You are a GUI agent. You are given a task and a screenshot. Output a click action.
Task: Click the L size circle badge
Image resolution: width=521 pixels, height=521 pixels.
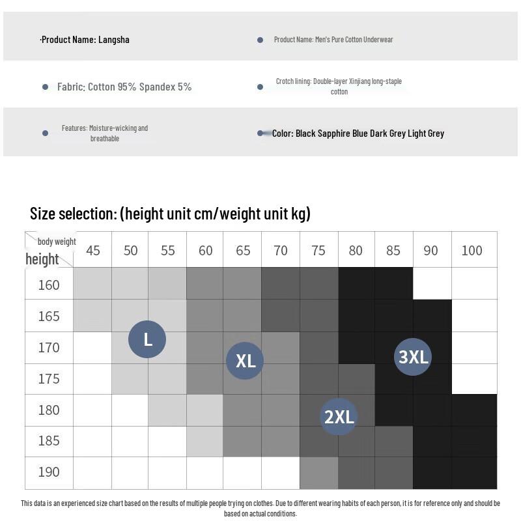147,339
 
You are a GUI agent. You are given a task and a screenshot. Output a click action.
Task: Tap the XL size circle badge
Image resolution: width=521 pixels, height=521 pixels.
245,360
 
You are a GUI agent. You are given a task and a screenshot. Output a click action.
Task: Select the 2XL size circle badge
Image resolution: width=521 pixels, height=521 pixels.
339,416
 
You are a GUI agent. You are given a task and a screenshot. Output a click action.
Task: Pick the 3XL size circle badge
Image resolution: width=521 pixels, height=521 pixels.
414,356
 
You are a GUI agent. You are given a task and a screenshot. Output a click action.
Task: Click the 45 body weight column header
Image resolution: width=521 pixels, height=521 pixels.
93,251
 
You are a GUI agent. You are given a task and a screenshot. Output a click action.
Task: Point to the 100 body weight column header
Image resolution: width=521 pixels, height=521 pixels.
472,251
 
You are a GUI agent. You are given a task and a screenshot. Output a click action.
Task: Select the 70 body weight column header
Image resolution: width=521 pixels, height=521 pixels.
281,251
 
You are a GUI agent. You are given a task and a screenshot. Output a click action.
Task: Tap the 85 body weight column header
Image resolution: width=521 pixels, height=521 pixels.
393,251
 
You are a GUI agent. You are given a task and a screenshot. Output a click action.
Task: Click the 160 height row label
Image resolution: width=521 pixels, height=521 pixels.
49,285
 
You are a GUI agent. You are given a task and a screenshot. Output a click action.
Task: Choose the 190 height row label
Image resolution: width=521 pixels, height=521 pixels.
49,472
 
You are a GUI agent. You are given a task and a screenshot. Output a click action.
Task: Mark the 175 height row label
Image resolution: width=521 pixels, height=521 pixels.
49,379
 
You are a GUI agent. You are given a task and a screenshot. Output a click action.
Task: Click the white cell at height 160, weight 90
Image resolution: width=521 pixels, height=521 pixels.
432,283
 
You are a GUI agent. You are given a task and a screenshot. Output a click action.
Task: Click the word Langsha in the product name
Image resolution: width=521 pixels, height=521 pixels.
114,40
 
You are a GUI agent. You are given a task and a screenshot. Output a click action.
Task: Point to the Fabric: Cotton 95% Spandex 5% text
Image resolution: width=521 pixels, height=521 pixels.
124,87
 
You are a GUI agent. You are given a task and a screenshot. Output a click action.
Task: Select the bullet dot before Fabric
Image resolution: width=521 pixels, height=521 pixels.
45,87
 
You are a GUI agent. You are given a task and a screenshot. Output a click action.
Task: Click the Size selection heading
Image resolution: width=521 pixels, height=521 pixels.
170,214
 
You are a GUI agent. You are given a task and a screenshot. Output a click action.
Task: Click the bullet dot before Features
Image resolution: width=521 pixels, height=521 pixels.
45,133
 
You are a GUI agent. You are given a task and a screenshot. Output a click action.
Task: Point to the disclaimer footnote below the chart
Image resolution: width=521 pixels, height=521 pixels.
260,508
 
